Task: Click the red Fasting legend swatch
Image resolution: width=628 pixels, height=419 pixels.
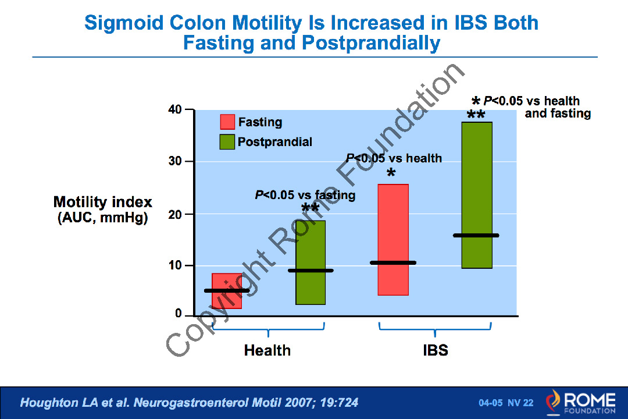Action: pos(227,122)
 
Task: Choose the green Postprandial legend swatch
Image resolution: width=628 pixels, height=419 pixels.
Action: pos(227,141)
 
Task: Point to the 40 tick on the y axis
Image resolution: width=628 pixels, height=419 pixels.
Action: pos(174,109)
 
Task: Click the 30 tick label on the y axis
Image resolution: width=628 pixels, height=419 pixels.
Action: pos(174,161)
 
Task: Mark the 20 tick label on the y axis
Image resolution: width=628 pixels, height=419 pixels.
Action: pos(174,214)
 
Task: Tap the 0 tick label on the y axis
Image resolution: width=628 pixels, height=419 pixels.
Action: pos(179,314)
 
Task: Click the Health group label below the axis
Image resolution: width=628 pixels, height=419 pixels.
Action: pos(267,350)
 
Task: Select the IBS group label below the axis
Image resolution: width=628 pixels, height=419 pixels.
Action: pos(436,350)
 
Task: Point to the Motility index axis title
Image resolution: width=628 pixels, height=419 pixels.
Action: pos(103,203)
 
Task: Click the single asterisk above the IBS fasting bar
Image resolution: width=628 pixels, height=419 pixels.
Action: pos(391,174)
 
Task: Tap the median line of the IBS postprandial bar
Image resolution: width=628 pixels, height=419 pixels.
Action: pos(476,235)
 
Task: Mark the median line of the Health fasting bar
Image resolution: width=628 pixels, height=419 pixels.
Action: pos(227,290)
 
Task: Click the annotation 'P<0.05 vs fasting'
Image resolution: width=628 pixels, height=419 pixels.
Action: pos(305,195)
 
